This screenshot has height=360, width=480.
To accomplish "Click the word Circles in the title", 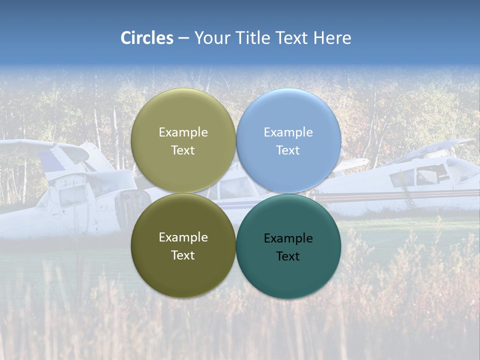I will [146, 38].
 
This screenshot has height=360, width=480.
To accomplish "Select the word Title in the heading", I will [255, 38].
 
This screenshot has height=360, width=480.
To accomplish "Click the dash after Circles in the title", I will [183, 38].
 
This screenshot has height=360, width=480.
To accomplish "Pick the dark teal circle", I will [288, 270].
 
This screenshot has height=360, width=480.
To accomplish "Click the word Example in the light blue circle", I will [288, 132].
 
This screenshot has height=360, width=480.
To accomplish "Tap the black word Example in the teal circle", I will [288, 238].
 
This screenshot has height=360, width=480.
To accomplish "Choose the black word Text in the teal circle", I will [288, 256].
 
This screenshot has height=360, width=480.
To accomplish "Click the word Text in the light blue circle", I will [288, 150].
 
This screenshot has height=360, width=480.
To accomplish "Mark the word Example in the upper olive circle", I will [183, 132].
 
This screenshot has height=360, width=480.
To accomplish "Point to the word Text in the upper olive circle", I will [183, 150].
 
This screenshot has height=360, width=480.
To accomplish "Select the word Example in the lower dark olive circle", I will [183, 237].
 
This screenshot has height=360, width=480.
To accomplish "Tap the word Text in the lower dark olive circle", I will [183, 255].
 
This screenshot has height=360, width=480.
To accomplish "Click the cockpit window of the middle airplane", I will [235, 189].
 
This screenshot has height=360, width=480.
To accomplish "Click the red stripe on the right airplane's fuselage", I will [400, 194].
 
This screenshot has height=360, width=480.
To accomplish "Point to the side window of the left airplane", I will [72, 196].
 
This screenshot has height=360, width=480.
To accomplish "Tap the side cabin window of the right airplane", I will [403, 177].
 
